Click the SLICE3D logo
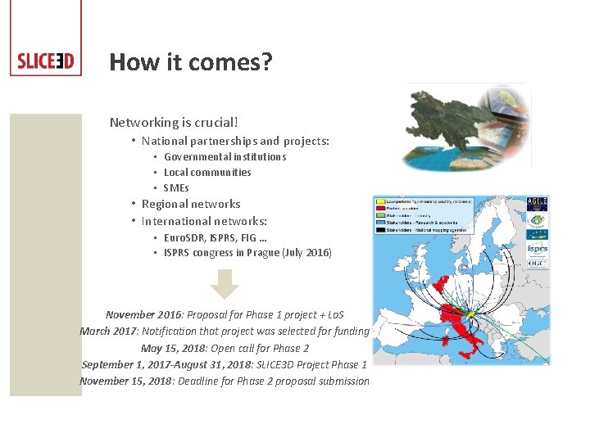[x=46, y=62]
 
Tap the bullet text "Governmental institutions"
[x=225, y=156]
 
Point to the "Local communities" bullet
[x=207, y=172]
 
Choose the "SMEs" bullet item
[x=176, y=187]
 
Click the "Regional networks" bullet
[x=191, y=204]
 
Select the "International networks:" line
[x=204, y=221]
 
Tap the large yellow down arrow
[x=225, y=284]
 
